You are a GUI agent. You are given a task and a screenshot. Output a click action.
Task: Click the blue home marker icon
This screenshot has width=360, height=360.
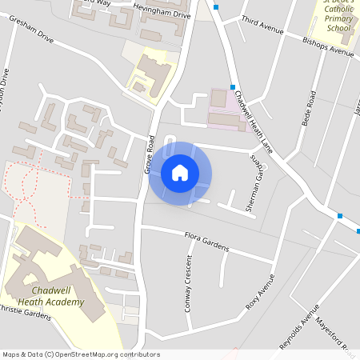(x=180, y=173)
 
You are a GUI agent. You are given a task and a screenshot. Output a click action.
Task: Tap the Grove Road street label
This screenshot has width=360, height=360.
(x=149, y=155)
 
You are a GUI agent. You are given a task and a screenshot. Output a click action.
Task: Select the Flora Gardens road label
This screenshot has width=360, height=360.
(x=206, y=242)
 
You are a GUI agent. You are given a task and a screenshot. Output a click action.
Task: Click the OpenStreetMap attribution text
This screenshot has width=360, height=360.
(x=80, y=354)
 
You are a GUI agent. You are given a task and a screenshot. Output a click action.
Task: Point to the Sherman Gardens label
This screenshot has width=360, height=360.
(x=254, y=186)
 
